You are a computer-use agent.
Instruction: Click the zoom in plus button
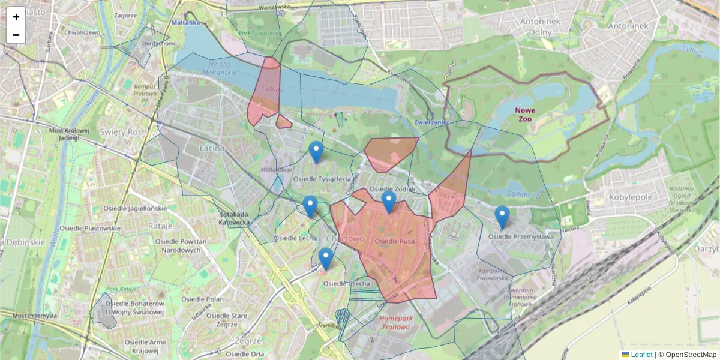pos(16,17)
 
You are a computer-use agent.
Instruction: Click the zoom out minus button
pos(16,35)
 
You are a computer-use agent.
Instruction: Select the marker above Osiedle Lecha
pos(310,206)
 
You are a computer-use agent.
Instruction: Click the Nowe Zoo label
pos(526,115)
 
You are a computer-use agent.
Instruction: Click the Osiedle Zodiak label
pos(393,189)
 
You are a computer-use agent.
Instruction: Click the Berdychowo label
pos(158,43)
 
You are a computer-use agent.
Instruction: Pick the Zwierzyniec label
pos(432,122)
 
